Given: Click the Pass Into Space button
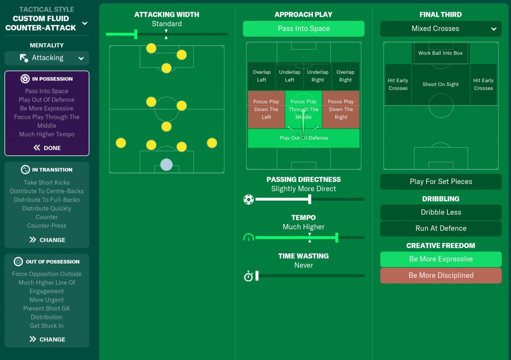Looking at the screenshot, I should [303, 29].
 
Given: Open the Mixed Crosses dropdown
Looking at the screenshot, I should [441, 29].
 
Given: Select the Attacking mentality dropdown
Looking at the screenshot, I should [47, 58].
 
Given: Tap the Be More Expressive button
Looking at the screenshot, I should [441, 259].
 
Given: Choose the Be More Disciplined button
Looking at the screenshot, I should [441, 275].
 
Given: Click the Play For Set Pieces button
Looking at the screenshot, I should [441, 182].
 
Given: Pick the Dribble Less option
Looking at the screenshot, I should [441, 212].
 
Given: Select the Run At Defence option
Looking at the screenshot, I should [441, 228].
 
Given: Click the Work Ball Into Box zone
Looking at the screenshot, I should [440, 53].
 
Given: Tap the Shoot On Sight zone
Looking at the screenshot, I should [440, 85].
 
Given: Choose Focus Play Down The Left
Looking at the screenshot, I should [266, 109].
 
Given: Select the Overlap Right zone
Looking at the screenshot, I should [345, 76].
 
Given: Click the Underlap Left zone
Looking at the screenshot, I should [289, 76].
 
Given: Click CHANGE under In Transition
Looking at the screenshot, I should [47, 240].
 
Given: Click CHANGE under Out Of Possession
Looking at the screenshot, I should [47, 339].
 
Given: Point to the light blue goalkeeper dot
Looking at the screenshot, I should [166, 164].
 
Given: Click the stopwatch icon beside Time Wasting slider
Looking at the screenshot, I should [249, 276].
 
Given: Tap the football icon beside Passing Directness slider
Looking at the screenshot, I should [249, 199].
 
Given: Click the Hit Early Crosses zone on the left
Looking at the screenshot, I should [398, 84].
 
